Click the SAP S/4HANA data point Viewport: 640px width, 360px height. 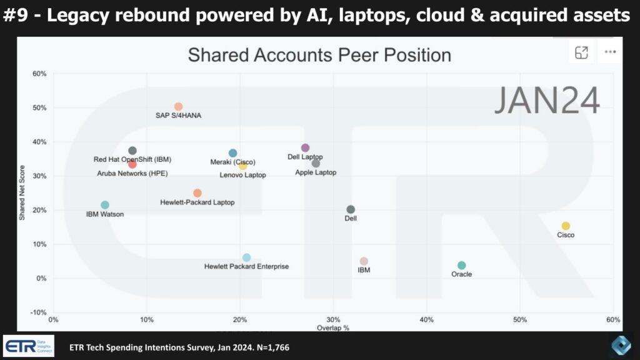pyautogui.click(x=178, y=107)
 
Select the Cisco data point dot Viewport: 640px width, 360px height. pyautogui.click(x=566, y=226)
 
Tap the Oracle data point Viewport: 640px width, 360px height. pyautogui.click(x=461, y=266)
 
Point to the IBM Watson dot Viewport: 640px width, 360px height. pyautogui.click(x=105, y=205)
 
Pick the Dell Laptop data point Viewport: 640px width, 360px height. pyautogui.click(x=305, y=148)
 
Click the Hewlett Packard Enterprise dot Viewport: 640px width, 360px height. pyautogui.click(x=246, y=257)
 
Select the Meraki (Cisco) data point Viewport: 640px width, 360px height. pyautogui.click(x=232, y=153)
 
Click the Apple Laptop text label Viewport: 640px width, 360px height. pyautogui.click(x=316, y=172)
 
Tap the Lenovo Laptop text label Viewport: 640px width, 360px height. pyautogui.click(x=242, y=175)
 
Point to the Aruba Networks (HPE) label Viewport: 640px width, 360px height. pyautogui.click(x=132, y=173)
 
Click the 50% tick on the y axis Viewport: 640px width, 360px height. pyautogui.click(x=39, y=107)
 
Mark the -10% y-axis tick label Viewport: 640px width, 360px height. pyautogui.click(x=39, y=312)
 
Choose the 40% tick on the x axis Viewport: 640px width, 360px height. pyautogui.click(x=427, y=320)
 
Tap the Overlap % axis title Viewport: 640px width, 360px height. pyautogui.click(x=332, y=327)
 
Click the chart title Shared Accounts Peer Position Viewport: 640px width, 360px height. pyautogui.click(x=319, y=55)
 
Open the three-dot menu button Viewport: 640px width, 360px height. pyautogui.click(x=610, y=53)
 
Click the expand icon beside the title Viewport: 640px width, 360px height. pyautogui.click(x=582, y=53)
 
